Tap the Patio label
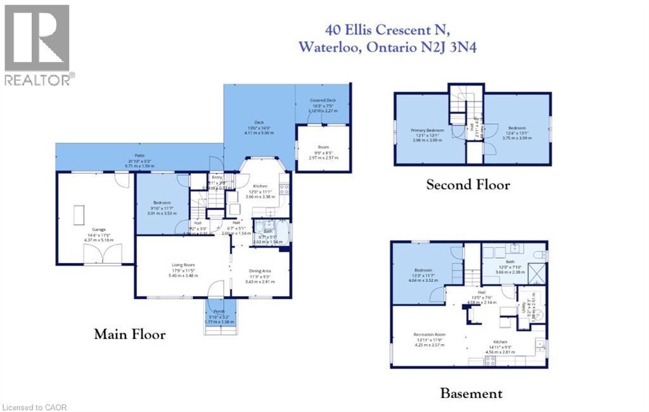[138, 155]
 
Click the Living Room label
[182, 265]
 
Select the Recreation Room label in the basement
[430, 334]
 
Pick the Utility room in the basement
[525, 307]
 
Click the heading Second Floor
[468, 185]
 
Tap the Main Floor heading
[130, 334]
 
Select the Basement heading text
[472, 394]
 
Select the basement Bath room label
[510, 261]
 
